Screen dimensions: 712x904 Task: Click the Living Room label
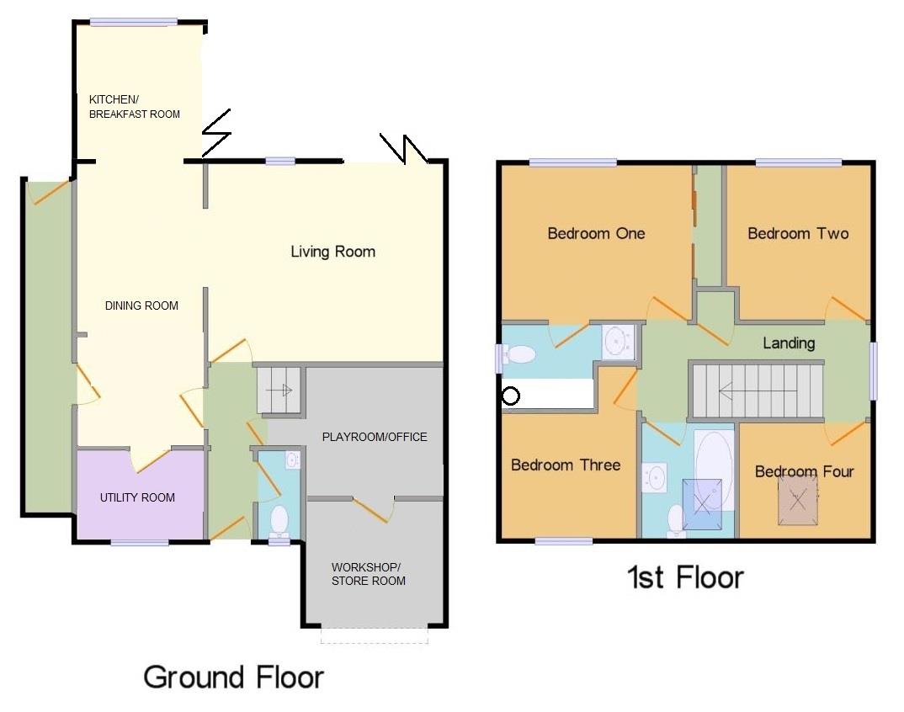(332, 252)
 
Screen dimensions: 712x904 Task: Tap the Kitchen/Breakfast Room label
(134, 106)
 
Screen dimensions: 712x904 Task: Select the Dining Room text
(141, 306)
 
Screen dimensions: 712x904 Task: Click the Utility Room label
(137, 497)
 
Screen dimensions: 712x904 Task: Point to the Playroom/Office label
(375, 437)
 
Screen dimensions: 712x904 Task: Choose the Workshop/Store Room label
(368, 573)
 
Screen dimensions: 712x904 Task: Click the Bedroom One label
(596, 233)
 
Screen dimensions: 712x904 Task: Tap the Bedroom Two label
(798, 233)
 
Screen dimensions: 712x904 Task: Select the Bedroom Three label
(566, 465)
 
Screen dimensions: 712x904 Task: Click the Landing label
(789, 343)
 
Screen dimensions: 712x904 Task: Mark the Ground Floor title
(233, 677)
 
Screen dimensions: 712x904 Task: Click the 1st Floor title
(685, 577)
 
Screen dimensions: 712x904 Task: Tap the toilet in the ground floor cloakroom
(279, 518)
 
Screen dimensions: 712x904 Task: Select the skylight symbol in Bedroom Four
(797, 498)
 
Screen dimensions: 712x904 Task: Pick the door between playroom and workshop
(371, 508)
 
